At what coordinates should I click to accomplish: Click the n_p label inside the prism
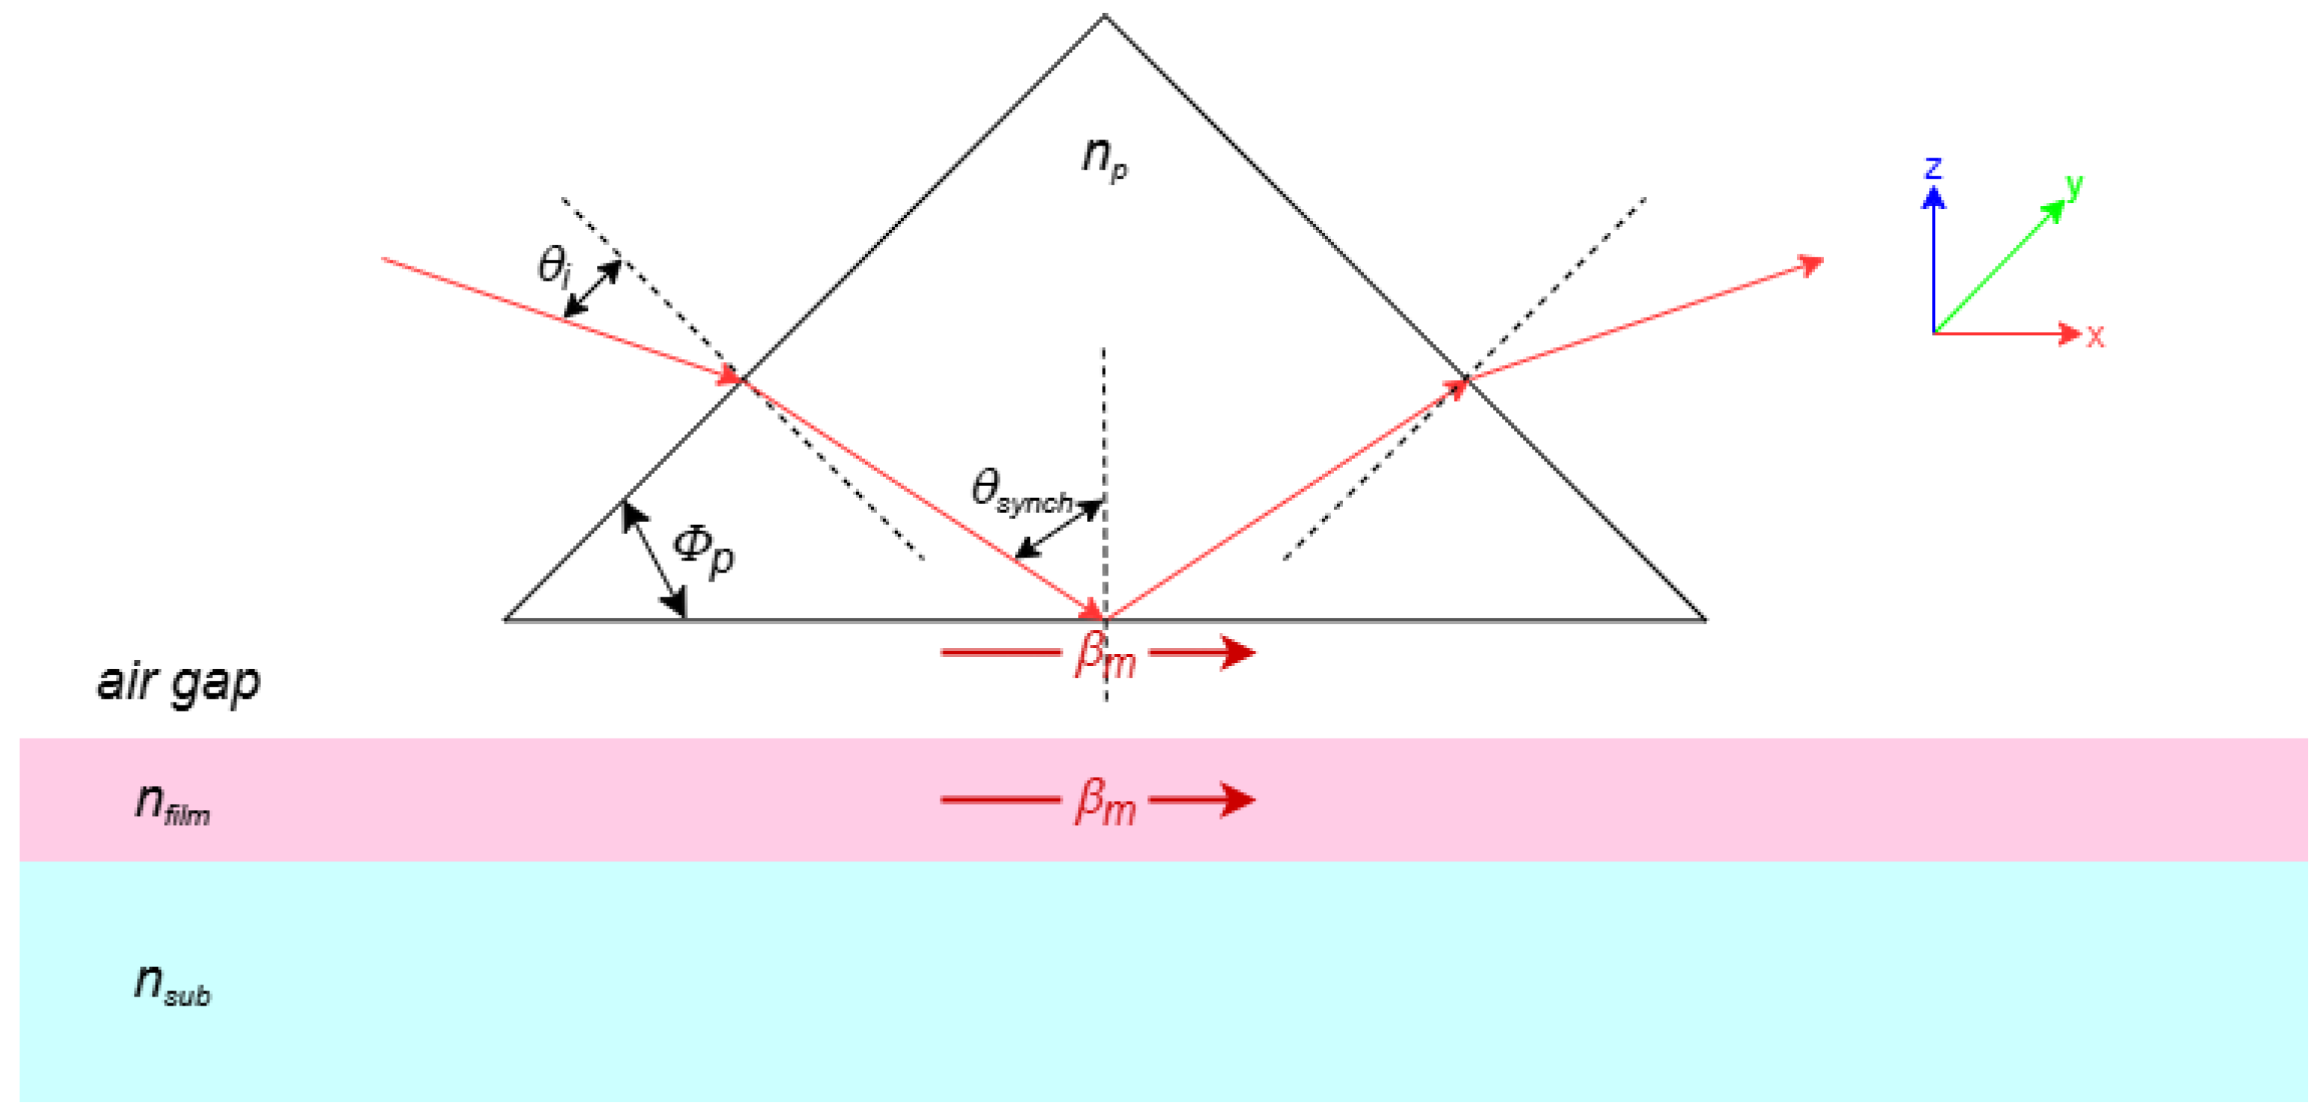click(x=1104, y=158)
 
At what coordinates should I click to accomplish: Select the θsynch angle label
click(x=1021, y=492)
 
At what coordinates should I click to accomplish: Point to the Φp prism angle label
click(x=704, y=550)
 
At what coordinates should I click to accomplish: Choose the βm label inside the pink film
click(x=1105, y=802)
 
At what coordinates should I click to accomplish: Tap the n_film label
click(x=172, y=802)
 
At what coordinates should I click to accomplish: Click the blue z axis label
click(x=1933, y=167)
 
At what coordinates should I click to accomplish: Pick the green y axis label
click(x=2075, y=186)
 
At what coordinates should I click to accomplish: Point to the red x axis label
click(x=2096, y=337)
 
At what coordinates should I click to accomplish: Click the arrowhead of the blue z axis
click(x=1933, y=196)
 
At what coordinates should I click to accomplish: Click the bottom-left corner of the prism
click(x=505, y=620)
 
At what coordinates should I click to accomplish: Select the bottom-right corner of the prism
click(x=1705, y=620)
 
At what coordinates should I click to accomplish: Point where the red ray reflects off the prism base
click(x=1105, y=619)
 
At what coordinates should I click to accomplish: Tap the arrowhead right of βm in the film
click(x=1240, y=800)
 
